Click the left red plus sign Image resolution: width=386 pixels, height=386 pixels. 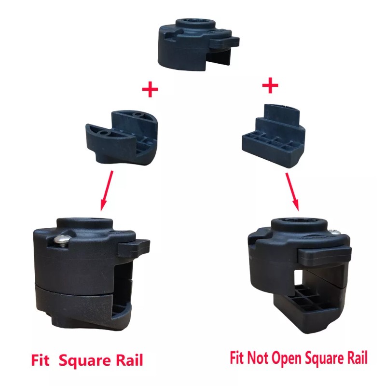pyautogui.click(x=150, y=90)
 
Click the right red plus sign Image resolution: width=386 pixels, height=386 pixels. pyautogui.click(x=270, y=86)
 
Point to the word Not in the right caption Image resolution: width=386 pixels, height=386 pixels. pyautogui.click(x=258, y=358)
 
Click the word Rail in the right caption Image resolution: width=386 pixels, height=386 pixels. pyautogui.click(x=356, y=358)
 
